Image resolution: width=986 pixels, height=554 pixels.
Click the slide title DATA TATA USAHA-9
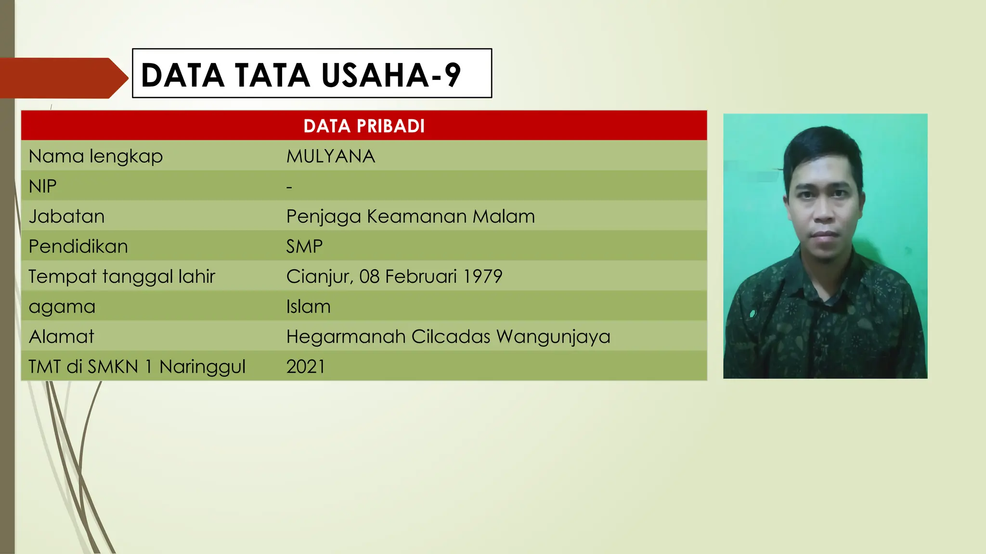tap(301, 75)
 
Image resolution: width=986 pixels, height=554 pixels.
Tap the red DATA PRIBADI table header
tap(364, 126)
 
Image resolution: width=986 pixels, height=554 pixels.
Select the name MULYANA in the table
tap(330, 156)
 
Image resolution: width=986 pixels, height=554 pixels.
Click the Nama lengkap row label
tap(96, 156)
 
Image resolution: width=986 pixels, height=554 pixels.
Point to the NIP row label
tap(43, 187)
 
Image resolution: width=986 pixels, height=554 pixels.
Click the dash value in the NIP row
tap(289, 187)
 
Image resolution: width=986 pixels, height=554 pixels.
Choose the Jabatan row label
tap(66, 216)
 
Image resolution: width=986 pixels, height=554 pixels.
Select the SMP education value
tap(304, 247)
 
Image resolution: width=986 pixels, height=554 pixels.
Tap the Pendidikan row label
tap(78, 247)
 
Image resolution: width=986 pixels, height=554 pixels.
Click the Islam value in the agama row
tap(308, 307)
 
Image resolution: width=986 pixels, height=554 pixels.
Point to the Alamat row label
tap(61, 337)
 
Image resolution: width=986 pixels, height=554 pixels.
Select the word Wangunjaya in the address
tap(553, 337)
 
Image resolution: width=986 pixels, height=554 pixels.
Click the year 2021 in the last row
tap(306, 367)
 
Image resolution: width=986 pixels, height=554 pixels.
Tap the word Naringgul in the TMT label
tap(202, 367)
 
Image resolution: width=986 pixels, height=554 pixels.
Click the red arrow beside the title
tap(63, 78)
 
